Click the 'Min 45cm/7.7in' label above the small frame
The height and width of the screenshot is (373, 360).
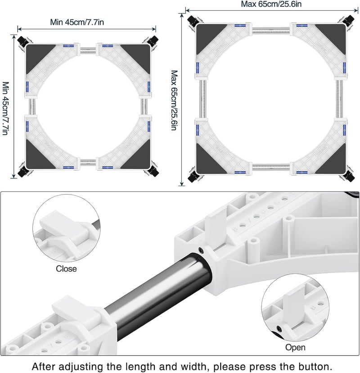point(77,22)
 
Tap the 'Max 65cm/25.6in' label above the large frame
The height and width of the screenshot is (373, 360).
point(271,4)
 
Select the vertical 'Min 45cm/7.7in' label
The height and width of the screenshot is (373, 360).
point(6,108)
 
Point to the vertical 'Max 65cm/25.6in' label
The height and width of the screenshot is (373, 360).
point(175,100)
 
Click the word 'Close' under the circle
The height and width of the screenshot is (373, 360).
point(66,268)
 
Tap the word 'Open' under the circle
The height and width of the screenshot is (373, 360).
point(295,347)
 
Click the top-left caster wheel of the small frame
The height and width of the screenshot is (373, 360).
point(22,41)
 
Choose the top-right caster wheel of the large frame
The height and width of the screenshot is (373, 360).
point(349,20)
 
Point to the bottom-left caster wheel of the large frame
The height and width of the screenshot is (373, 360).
point(193,177)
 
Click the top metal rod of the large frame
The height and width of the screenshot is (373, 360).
point(270,31)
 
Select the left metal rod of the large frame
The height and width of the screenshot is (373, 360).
point(202,99)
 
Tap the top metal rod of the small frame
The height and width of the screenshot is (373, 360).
point(88,50)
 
